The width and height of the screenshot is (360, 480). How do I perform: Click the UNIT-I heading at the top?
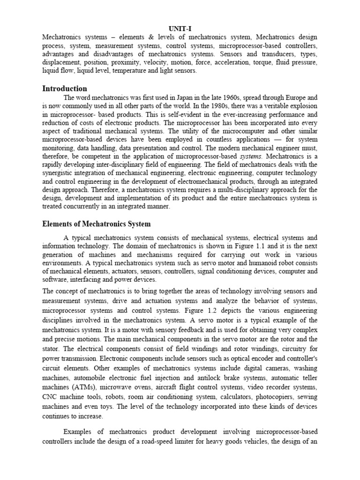pyautogui.click(x=180, y=28)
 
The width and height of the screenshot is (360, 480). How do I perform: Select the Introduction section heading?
pyautogui.click(x=65, y=88)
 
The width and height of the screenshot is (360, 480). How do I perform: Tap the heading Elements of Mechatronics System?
pyautogui.click(x=97, y=224)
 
